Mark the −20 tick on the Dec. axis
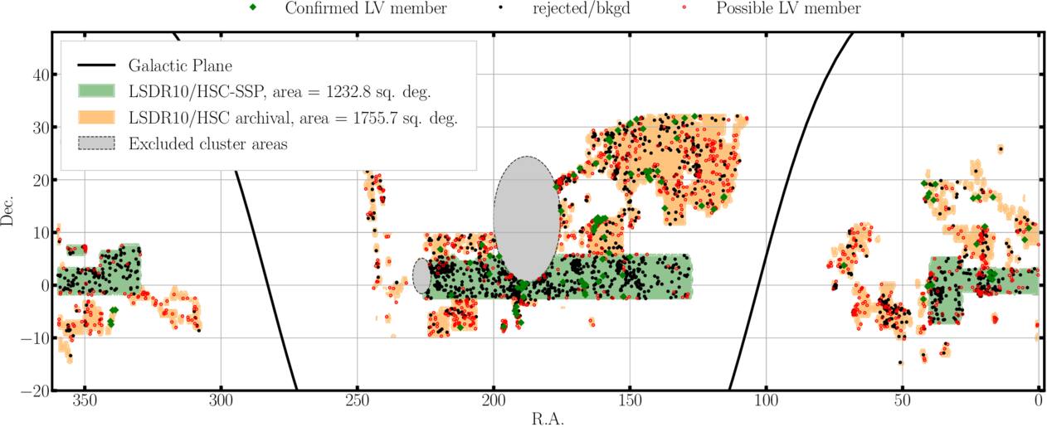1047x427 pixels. pyautogui.click(x=35, y=391)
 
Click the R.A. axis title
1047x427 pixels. pyautogui.click(x=547, y=419)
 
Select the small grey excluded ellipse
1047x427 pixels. pyautogui.click(x=421, y=276)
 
